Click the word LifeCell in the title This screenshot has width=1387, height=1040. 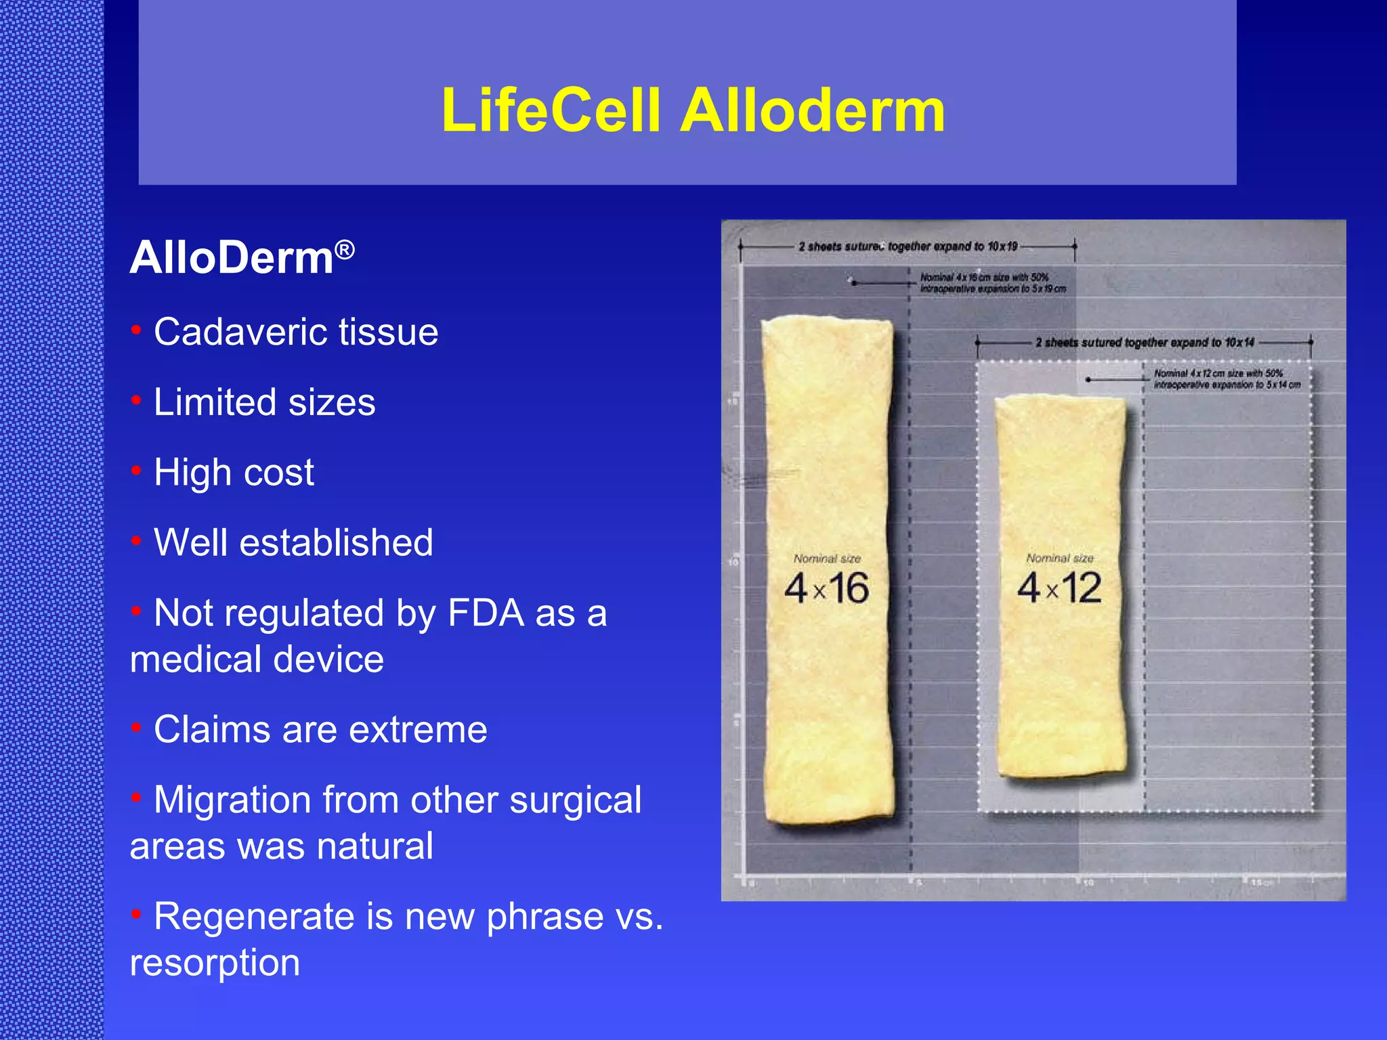point(551,110)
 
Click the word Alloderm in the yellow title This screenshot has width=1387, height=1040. point(812,110)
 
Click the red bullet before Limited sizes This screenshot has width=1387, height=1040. point(136,401)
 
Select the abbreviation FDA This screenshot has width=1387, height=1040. point(486,613)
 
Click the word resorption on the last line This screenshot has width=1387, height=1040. point(215,962)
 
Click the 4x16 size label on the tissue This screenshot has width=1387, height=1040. point(826,588)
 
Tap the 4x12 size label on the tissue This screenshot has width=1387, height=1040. point(1059,588)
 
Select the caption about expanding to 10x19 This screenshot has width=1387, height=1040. point(908,246)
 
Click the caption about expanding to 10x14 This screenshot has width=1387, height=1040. point(1145,343)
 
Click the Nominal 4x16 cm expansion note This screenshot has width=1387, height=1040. point(992,283)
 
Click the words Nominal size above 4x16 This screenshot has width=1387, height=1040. point(827,559)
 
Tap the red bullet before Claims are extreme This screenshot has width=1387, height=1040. point(136,728)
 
